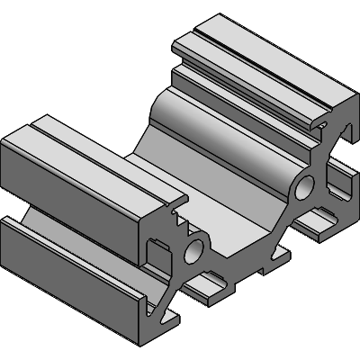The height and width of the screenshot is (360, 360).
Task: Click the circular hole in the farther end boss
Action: [x=303, y=187]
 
